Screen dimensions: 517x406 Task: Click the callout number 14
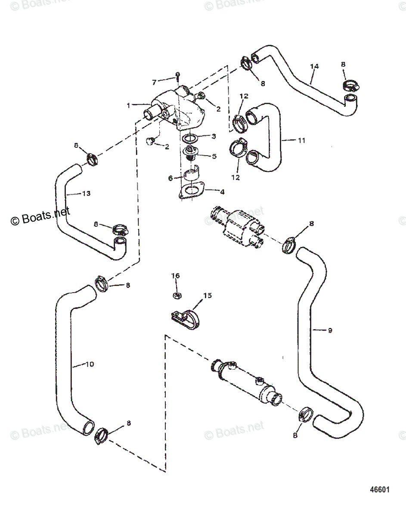click(314, 66)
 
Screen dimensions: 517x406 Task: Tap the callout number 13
click(86, 193)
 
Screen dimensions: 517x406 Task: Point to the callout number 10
click(89, 364)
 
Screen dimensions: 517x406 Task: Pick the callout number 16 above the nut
click(175, 275)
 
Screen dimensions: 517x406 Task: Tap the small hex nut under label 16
click(176, 296)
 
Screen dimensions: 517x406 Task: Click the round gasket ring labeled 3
click(190, 139)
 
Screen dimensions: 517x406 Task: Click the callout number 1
click(128, 104)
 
